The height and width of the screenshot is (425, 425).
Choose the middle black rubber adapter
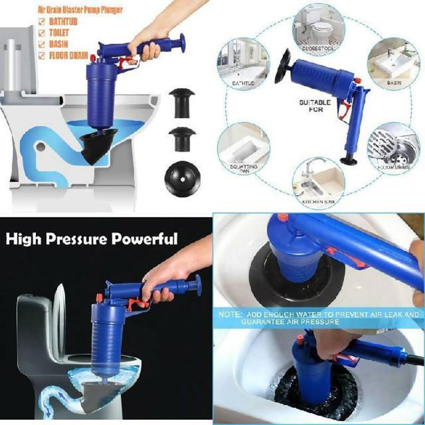(x=181, y=139)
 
